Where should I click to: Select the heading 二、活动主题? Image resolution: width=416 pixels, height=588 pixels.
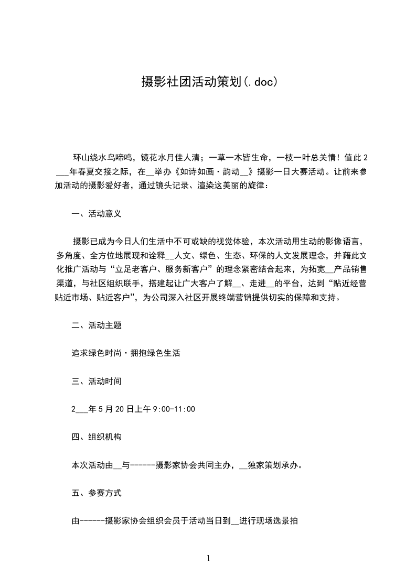97,325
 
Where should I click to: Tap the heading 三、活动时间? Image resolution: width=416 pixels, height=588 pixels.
97,382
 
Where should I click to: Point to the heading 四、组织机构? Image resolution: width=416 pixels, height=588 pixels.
97,437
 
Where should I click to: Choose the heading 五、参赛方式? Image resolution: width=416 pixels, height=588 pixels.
97,493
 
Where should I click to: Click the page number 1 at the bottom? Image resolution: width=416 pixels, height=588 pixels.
208,558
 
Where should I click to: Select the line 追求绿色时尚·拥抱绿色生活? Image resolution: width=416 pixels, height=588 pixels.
126,354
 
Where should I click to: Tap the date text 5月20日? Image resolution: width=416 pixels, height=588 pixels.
111,409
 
